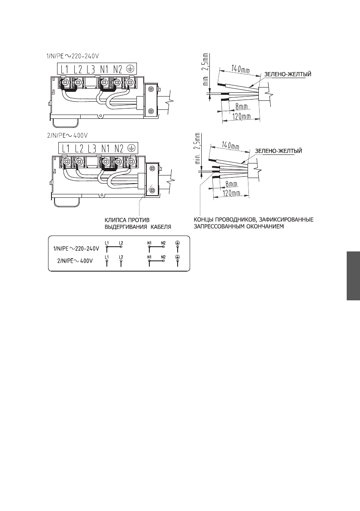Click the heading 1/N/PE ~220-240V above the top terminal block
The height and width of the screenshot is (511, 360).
tap(73, 56)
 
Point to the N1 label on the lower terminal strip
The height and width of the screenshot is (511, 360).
tap(105, 148)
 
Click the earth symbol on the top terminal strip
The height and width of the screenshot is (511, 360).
tap(130, 69)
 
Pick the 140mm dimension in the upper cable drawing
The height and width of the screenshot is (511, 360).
tap(240, 69)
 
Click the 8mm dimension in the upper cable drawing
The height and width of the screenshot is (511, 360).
tap(234, 106)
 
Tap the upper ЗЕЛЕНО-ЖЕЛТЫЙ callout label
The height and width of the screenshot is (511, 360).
tap(287, 74)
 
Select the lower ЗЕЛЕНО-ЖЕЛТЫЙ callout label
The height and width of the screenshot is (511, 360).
tap(278, 151)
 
